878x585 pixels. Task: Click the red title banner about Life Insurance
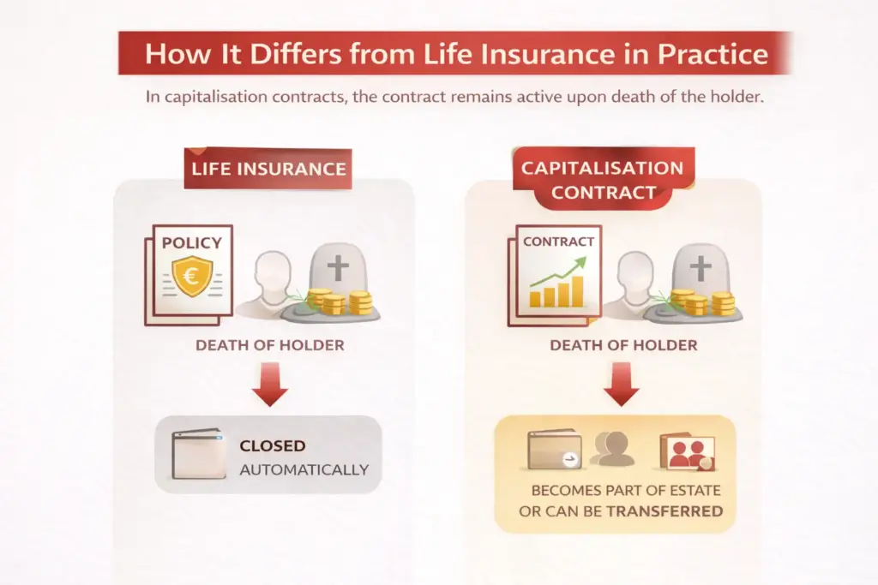[x=455, y=53]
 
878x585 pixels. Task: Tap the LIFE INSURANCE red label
[x=268, y=168]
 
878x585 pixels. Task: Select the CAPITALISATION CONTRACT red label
[x=602, y=180]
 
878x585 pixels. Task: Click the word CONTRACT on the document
[x=558, y=242]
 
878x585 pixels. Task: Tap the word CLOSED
[x=273, y=446]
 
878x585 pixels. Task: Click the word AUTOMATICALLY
[x=304, y=469]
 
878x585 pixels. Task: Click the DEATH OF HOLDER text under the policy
[x=269, y=346]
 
